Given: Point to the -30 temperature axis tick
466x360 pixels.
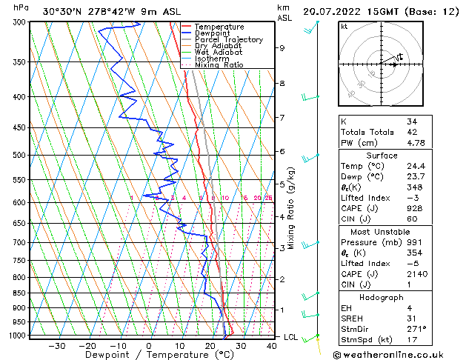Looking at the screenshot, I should pyautogui.click(x=57, y=346).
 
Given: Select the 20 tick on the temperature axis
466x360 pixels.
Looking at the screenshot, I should pyautogui.click(x=210, y=346).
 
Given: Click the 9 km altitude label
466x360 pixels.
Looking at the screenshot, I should pyautogui.click(x=282, y=48).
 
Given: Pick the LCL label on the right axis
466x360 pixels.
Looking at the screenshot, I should pyautogui.click(x=291, y=337).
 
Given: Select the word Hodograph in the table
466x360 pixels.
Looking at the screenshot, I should pyautogui.click(x=382, y=297).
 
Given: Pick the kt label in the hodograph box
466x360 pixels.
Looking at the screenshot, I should pyautogui.click(x=344, y=27).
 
